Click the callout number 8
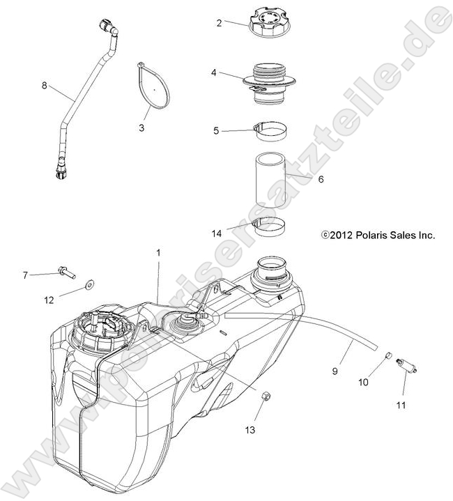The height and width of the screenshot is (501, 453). pyautogui.click(x=44, y=86)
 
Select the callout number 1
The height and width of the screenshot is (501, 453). pyautogui.click(x=158, y=253)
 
